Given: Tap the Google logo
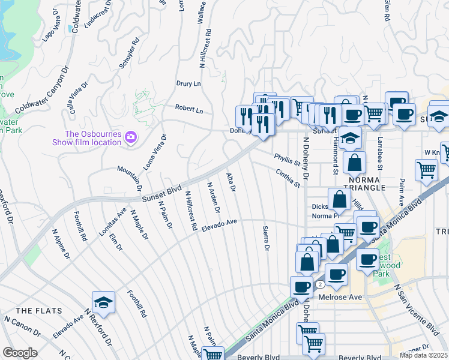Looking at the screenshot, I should (20, 353).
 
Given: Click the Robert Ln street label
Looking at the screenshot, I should (189, 110).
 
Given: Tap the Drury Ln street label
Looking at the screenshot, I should (188, 83).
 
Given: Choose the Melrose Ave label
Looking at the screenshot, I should (344, 297).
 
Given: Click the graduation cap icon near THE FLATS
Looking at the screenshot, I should (103, 302).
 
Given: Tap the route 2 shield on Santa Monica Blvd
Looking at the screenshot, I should (322, 284).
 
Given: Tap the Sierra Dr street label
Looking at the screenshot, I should (265, 239).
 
